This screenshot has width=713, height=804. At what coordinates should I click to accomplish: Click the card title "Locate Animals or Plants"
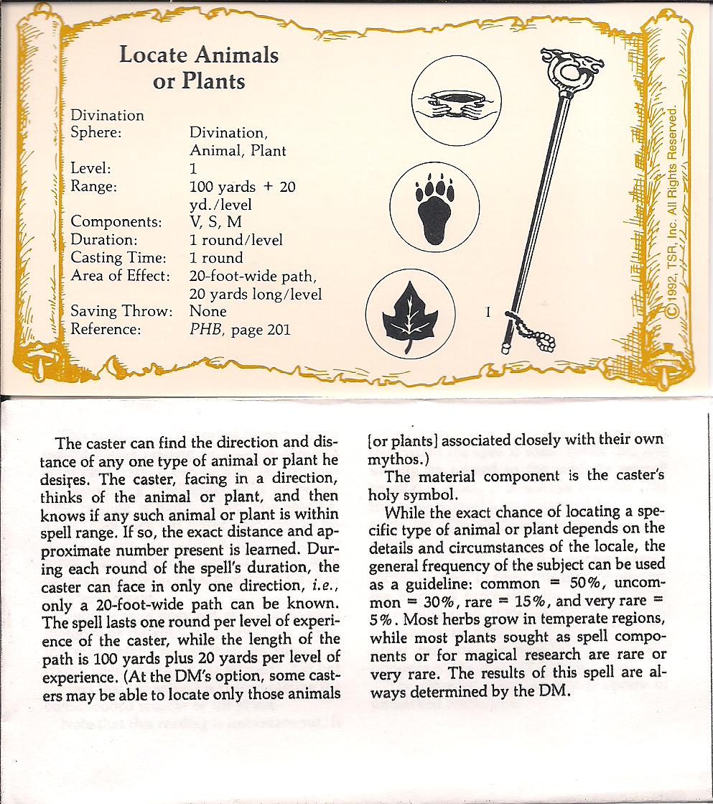[x=199, y=68]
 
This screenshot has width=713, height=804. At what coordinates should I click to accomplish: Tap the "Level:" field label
[x=90, y=169]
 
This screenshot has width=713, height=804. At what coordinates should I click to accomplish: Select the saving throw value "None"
[x=208, y=312]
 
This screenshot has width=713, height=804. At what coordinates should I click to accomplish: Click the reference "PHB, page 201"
[x=240, y=330]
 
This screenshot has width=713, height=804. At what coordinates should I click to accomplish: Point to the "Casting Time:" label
[x=118, y=258]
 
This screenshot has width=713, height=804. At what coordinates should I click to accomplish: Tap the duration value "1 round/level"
[x=236, y=240]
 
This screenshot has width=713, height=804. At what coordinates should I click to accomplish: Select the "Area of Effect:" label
[x=120, y=276]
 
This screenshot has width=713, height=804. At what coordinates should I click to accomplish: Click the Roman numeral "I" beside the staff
[x=488, y=313]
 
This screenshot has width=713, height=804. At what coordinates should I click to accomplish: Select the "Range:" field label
[x=93, y=187]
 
